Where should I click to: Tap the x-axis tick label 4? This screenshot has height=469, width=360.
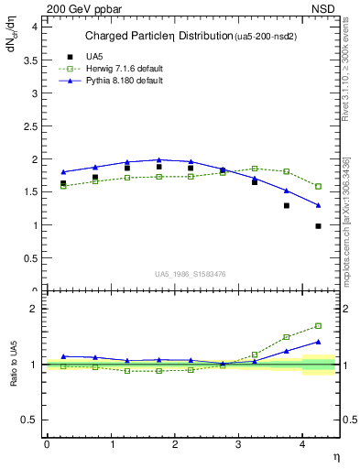click(304, 444)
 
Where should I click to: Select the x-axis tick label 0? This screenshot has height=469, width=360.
click(47, 444)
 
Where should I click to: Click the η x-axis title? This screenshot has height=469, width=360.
click(334, 457)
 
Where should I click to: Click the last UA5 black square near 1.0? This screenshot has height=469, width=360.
click(319, 225)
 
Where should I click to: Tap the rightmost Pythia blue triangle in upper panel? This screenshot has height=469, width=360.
click(319, 205)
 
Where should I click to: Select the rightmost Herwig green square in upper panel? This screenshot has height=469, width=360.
click(319, 186)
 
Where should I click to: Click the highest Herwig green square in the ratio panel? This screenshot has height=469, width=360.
click(319, 325)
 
